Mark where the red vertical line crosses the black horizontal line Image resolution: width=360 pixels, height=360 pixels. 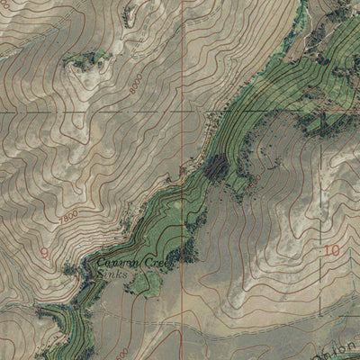pyautogui.click(x=186, y=111)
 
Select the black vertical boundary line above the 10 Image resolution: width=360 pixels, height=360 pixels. pyautogui.click(x=321, y=180)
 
